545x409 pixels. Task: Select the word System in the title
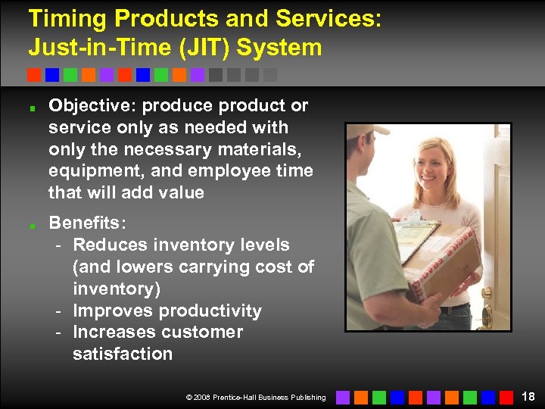[279, 48]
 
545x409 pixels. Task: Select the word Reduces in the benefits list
[107, 245]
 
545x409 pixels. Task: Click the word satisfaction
[123, 354]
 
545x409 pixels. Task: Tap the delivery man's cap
[371, 131]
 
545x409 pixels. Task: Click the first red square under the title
[34, 75]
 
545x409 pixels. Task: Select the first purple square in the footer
[343, 397]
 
